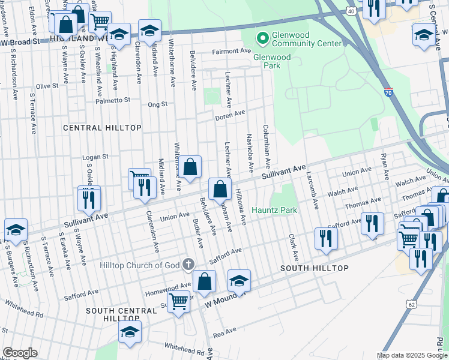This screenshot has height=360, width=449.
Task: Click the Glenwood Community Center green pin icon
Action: coord(262,39)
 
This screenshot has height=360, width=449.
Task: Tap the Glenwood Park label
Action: coord(272,62)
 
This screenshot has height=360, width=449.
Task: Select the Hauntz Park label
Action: coord(274,211)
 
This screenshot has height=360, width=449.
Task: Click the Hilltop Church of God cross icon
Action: coord(188,264)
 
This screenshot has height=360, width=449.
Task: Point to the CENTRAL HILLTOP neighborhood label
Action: coord(102,128)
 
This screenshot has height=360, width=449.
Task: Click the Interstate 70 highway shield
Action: coord(388,93)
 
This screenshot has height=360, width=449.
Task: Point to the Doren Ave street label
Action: coord(231,114)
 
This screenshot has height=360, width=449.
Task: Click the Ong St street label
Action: coord(157,104)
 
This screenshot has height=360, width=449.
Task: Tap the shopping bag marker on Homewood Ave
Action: coord(204,282)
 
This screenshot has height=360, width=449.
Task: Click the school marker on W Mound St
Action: coord(239,281)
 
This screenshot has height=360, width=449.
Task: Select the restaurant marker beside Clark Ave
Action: coord(326,237)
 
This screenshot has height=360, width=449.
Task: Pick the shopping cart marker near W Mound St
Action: coord(178,302)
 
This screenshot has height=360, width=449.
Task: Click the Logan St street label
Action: coord(95,157)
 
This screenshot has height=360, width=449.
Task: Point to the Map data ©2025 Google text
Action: coord(411,355)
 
